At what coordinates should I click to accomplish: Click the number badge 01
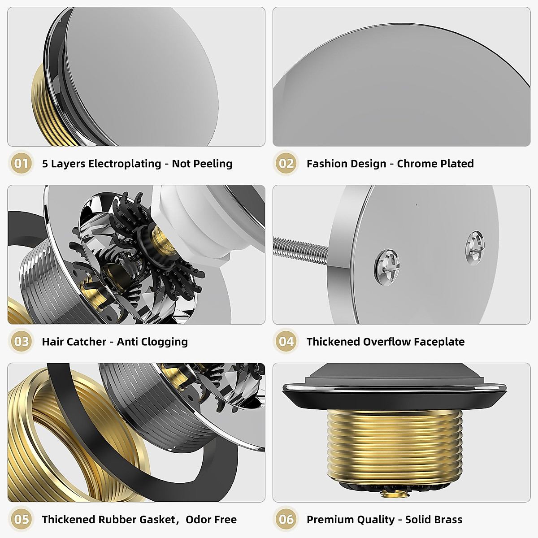tap(21, 163)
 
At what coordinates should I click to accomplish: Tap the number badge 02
tap(286, 163)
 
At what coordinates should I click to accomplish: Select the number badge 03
tap(21, 342)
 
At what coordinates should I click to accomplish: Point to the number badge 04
tap(286, 342)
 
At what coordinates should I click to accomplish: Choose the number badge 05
tap(21, 520)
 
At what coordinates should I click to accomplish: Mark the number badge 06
tap(286, 520)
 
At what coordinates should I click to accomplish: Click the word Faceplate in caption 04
tap(439, 342)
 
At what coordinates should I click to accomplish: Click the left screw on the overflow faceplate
tap(387, 267)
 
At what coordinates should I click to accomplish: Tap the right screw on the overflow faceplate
tap(474, 247)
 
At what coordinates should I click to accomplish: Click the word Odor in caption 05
tap(198, 520)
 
